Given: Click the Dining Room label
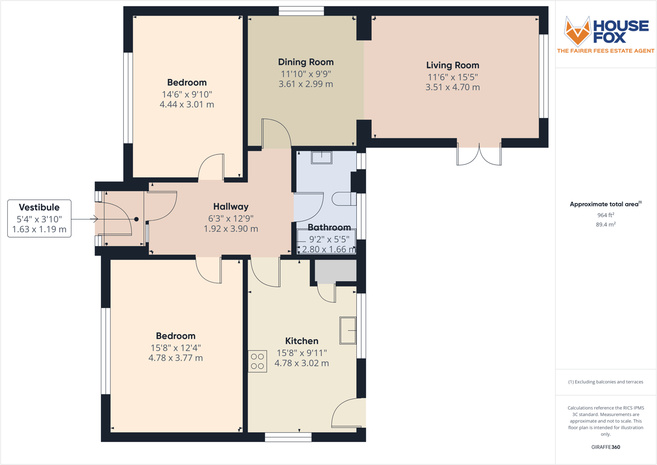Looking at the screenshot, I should (305, 62).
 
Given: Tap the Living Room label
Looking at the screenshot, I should (452, 65).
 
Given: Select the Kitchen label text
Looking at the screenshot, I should (302, 341).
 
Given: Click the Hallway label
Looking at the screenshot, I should (231, 207).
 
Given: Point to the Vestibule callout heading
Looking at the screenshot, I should (39, 208).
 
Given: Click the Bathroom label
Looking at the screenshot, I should (329, 227).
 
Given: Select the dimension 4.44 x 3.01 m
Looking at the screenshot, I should (187, 104).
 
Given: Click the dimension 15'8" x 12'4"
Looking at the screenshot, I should (175, 348).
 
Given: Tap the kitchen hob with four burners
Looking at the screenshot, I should (258, 362).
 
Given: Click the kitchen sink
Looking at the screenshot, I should (348, 330).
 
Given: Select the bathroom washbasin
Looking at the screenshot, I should (322, 157).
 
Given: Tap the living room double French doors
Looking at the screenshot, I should (479, 154).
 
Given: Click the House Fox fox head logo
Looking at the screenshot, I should (577, 30).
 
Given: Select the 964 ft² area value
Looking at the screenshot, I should (606, 215).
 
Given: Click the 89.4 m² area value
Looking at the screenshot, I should (606, 224).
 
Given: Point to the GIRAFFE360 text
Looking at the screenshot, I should (606, 447).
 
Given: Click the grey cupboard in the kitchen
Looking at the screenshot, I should (335, 271).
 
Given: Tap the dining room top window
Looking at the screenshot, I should (301, 11).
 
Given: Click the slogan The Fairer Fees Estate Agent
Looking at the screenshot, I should (606, 51).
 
